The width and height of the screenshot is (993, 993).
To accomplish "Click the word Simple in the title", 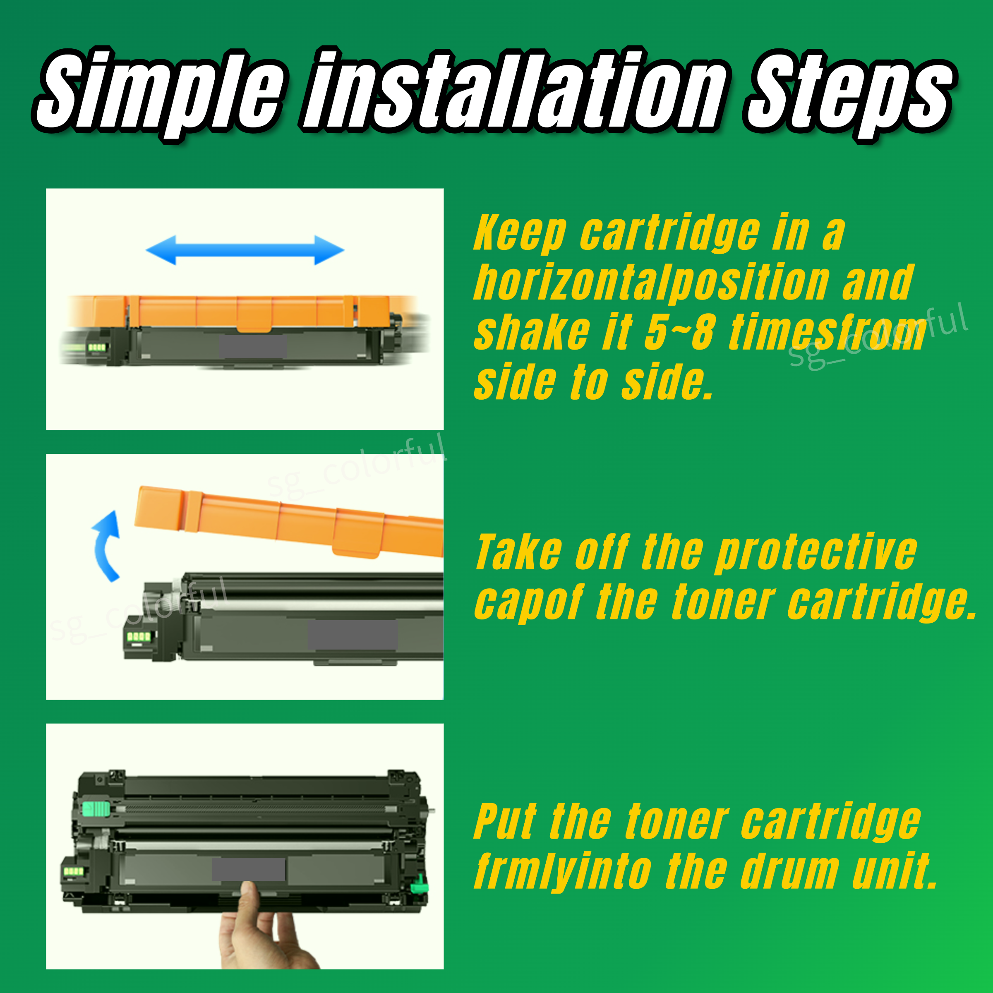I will (x=159, y=93).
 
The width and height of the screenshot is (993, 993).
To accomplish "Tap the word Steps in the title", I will (x=848, y=95).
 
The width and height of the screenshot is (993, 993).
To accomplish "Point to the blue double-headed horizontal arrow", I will (x=245, y=250).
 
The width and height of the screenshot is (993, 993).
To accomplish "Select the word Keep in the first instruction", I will (x=519, y=234).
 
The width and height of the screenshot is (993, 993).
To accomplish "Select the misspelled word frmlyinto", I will (x=563, y=872).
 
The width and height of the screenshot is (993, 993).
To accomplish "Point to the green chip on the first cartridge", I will (x=97, y=348).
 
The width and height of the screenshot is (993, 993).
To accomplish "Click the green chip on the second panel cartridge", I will (x=139, y=636).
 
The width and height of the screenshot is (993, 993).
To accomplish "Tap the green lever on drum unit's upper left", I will (x=96, y=810).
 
